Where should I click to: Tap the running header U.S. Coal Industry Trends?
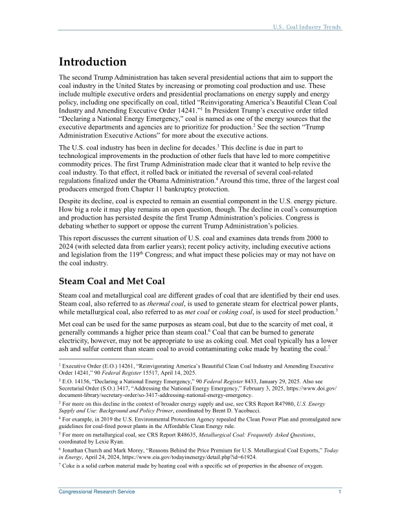pos(307,27)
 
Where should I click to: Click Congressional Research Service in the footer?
pos(97,492)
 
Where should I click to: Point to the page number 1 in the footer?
pos(340,492)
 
